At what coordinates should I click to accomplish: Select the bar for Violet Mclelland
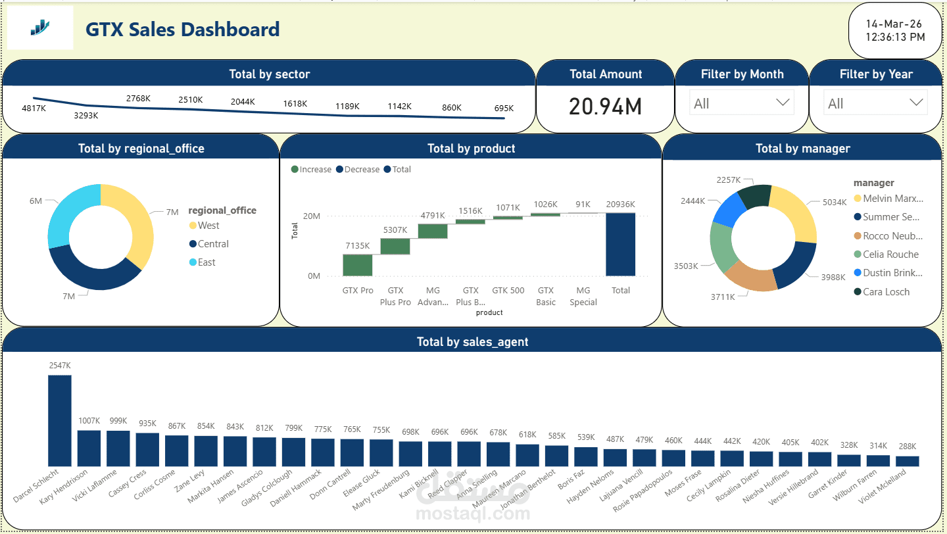click(908, 461)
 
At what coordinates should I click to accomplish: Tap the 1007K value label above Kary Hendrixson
click(89, 421)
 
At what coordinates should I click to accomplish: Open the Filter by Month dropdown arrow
click(783, 103)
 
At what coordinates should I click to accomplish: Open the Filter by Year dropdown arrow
click(916, 103)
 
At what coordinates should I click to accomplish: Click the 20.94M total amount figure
click(605, 106)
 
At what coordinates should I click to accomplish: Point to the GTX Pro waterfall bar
click(358, 265)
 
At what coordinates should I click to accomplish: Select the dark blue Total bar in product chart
click(620, 244)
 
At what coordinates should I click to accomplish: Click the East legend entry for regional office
click(206, 262)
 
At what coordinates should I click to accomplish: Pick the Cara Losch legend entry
click(886, 292)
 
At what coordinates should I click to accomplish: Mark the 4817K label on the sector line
click(34, 108)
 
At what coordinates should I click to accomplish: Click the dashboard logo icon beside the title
click(39, 27)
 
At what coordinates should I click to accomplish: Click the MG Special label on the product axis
click(583, 296)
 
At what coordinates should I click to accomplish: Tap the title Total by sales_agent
click(472, 342)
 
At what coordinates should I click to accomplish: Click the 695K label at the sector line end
click(504, 108)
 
